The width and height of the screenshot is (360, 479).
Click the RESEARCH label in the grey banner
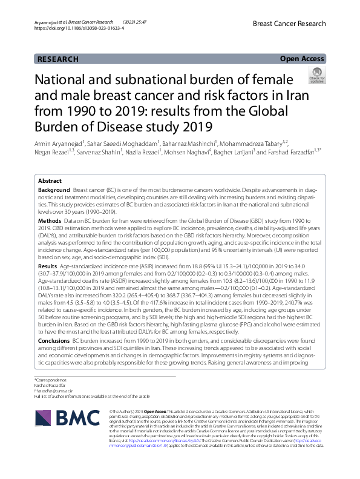[x=57, y=59]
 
